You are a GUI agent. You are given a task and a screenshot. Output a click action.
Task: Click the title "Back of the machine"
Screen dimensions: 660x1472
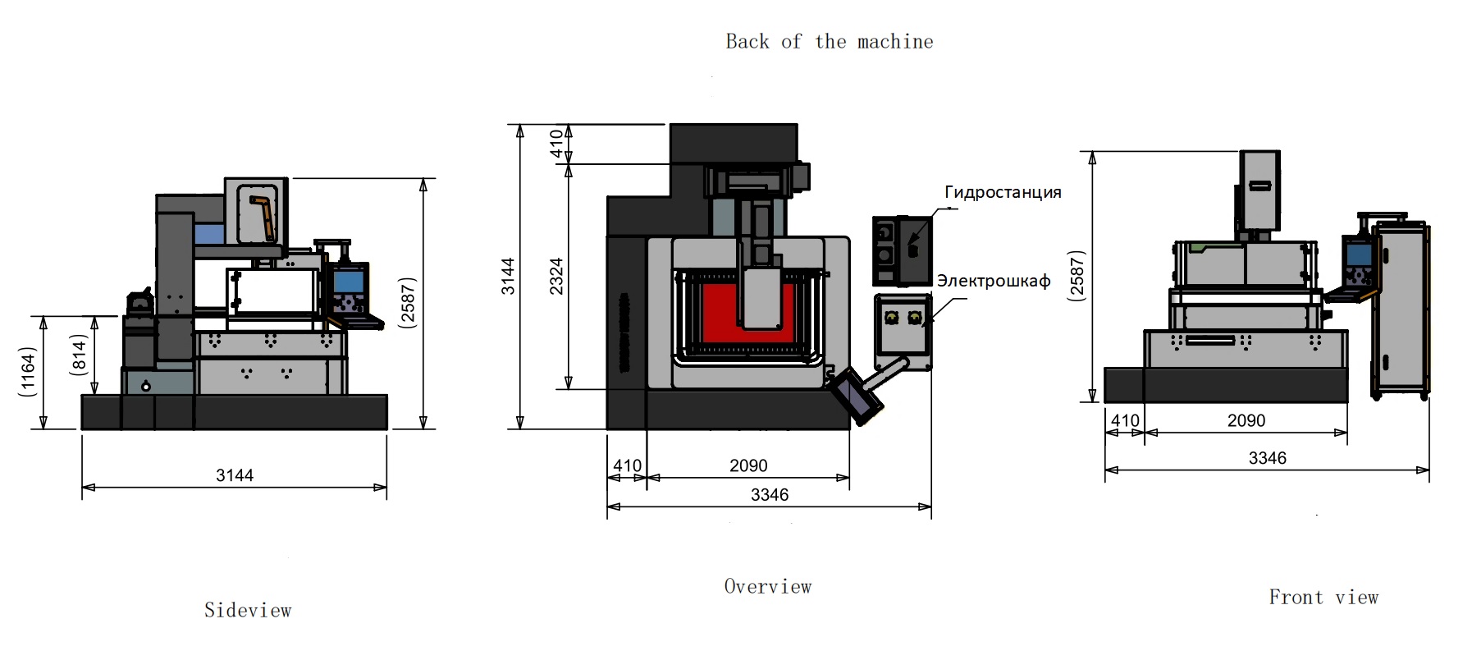pos(829,42)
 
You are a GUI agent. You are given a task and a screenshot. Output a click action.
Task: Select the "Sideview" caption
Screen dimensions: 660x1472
pos(248,610)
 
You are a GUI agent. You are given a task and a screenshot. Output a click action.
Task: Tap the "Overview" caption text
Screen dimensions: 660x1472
pos(767,586)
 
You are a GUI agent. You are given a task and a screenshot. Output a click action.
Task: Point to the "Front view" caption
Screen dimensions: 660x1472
pos(1323,598)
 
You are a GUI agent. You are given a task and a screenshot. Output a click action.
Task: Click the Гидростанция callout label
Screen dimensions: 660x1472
pos(1003,192)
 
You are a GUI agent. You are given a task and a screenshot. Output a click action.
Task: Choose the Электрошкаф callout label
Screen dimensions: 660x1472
pos(993,281)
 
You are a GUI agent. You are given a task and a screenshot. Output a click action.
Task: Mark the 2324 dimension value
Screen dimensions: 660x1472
pos(556,276)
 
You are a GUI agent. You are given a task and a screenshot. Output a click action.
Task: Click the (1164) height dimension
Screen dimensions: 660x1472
pos(28,371)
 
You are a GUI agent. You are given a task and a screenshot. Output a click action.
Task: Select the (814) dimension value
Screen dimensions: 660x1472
pos(78,355)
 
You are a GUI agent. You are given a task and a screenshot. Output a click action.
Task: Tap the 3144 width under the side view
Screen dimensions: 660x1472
pos(235,475)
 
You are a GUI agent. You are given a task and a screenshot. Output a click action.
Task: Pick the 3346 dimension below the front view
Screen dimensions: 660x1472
pos(1267,458)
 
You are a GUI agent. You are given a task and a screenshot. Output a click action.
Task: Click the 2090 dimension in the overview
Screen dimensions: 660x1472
pos(748,465)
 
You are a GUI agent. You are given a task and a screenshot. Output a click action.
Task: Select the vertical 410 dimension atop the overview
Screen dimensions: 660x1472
pos(556,144)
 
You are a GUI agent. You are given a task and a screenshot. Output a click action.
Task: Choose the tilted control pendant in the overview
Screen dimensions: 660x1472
pos(856,396)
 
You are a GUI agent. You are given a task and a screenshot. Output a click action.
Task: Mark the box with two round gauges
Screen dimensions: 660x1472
pos(903,325)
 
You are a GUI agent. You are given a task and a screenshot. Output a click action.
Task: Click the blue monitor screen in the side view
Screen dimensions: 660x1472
pos(350,282)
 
